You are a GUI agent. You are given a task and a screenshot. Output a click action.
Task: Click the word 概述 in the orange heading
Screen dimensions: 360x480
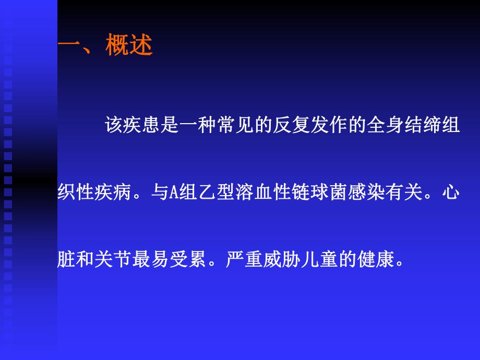tap(129, 46)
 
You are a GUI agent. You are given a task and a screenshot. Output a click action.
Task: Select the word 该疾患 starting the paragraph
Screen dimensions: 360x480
tap(132, 127)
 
